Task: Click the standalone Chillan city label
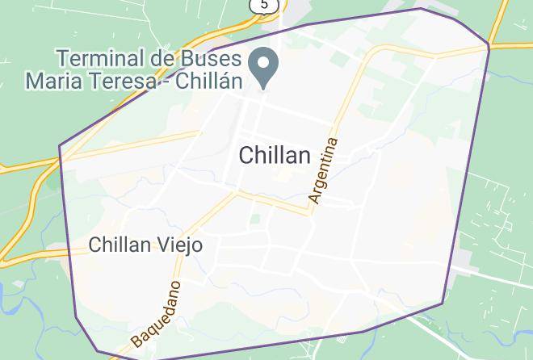(x=275, y=155)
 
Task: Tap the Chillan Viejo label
(x=145, y=245)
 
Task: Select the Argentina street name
(x=323, y=170)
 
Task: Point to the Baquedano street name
(x=155, y=314)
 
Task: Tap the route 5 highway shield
(x=264, y=5)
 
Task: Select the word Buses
(x=206, y=59)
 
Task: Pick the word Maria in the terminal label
(x=53, y=80)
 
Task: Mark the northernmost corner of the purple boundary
(x=422, y=9)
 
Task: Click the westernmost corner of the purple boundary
(x=60, y=146)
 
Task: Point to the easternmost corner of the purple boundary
(x=489, y=45)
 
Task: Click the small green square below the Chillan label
(x=255, y=218)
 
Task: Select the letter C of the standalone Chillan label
(x=246, y=155)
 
